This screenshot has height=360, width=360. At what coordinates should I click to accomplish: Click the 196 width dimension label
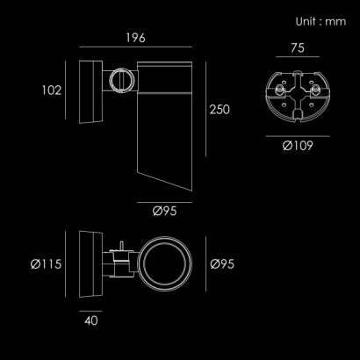135,38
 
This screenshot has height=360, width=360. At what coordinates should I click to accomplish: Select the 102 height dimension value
52,90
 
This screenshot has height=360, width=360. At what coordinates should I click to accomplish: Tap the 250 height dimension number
220,110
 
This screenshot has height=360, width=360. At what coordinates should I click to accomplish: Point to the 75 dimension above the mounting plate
298,48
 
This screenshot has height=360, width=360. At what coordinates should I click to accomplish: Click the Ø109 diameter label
298,146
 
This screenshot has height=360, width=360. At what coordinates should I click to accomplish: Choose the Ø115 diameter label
46,264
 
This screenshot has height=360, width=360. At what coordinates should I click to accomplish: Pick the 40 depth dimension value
91,320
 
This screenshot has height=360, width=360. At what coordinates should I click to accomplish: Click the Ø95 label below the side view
164,211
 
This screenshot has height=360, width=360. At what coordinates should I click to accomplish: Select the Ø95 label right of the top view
222,264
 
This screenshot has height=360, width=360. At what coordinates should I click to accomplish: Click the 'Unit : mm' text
320,22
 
